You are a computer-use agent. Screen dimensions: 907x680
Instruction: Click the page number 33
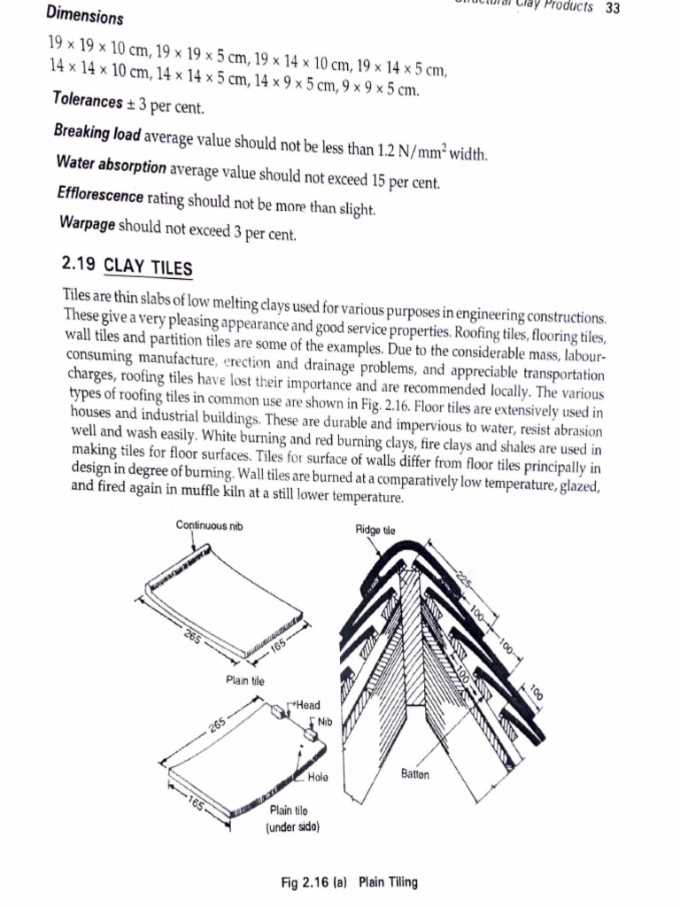(612, 8)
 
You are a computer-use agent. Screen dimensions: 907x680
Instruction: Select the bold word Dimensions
(85, 15)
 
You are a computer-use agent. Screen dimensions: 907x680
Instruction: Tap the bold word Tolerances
(89, 101)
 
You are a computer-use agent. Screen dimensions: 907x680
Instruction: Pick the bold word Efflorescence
(99, 194)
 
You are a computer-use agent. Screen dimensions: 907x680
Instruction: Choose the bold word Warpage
(86, 224)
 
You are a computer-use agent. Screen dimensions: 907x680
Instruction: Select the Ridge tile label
(375, 530)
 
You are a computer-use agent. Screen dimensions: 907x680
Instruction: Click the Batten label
(415, 774)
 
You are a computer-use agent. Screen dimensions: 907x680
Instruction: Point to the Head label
(308, 705)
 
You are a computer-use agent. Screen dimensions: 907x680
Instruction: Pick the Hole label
(319, 778)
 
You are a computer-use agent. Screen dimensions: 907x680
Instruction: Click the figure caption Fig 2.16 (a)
(315, 882)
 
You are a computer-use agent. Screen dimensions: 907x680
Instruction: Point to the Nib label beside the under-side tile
(324, 722)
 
